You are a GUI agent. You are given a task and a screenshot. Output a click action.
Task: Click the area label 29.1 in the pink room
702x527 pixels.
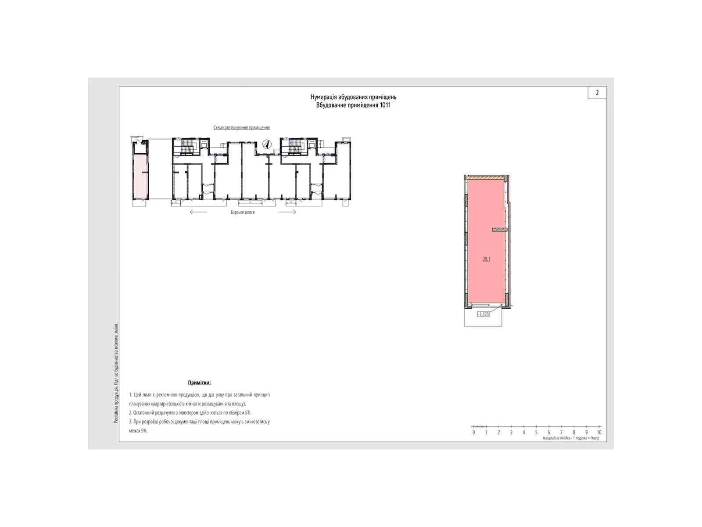click(x=486, y=259)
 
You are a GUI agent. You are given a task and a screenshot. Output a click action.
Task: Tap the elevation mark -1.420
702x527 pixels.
click(x=483, y=314)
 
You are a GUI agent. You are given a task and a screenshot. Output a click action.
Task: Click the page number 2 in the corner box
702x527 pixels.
click(x=597, y=93)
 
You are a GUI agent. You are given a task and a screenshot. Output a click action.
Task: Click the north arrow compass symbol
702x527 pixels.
click(x=266, y=144)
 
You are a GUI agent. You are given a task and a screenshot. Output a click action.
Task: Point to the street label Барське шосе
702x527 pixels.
click(x=243, y=212)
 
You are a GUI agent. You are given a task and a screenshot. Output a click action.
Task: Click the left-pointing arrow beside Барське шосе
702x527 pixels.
click(x=198, y=212)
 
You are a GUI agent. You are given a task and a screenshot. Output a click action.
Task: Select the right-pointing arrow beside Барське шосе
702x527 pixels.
click(x=287, y=212)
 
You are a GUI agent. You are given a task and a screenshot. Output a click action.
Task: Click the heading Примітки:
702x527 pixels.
click(x=199, y=383)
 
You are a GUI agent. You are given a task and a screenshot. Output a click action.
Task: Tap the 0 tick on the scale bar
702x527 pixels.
click(x=473, y=432)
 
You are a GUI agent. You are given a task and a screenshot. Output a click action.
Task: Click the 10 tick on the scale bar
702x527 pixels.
click(x=599, y=432)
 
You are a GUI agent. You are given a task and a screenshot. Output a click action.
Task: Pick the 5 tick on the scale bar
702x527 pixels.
click(x=536, y=432)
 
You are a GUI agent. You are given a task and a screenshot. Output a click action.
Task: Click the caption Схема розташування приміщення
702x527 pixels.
click(x=241, y=128)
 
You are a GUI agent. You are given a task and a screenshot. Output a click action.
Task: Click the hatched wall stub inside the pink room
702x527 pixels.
click(x=499, y=229)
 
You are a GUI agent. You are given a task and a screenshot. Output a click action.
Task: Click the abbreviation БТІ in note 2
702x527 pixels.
click(x=247, y=413)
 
